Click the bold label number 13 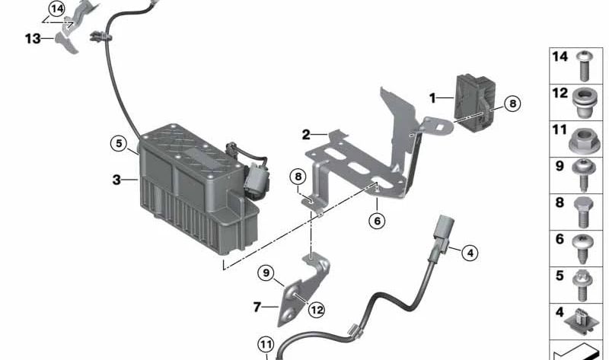pyautogui.click(x=33, y=39)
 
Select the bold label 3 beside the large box pyautogui.click(x=116, y=180)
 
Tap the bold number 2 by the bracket pyautogui.click(x=306, y=135)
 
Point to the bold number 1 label pyautogui.click(x=432, y=98)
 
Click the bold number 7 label pyautogui.click(x=257, y=307)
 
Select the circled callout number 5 pyautogui.click(x=119, y=143)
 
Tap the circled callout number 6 pyautogui.click(x=377, y=221)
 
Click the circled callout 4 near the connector pyautogui.click(x=470, y=253)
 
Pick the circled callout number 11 pyautogui.click(x=266, y=344)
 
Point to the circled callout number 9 pyautogui.click(x=266, y=272)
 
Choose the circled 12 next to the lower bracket pyautogui.click(x=317, y=310)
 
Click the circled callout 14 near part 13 pyautogui.click(x=57, y=8)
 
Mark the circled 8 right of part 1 pyautogui.click(x=512, y=104)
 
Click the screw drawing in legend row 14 pyautogui.click(x=584, y=65)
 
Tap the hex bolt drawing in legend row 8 pyautogui.click(x=583, y=212)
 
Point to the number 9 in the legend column pyautogui.click(x=560, y=166)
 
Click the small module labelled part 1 pyautogui.click(x=475, y=103)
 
